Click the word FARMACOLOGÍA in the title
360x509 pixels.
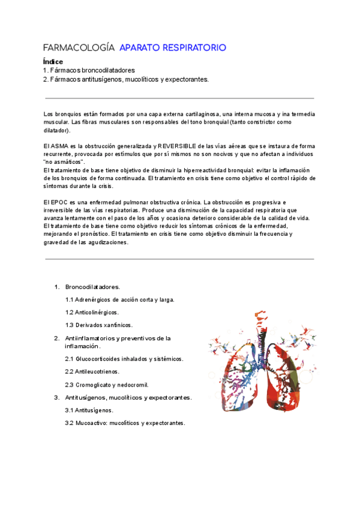79,47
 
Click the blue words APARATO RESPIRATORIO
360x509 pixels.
173,47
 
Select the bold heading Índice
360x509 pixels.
53,62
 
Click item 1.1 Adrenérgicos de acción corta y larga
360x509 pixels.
120,299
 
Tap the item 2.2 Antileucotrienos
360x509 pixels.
93,371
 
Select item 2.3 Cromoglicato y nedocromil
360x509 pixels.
107,384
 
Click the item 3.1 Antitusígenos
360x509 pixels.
89,410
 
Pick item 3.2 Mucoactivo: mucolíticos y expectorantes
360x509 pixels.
125,423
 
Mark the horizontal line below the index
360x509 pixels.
179,98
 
